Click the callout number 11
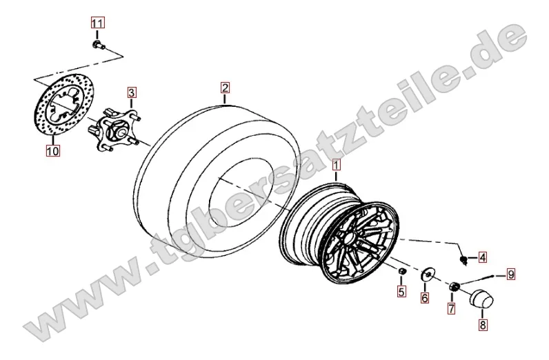(97, 23)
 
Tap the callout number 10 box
(52, 150)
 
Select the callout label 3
(131, 93)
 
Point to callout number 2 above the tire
(225, 88)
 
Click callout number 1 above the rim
(336, 165)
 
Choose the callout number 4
(483, 258)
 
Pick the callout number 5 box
(401, 291)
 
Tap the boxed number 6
(425, 298)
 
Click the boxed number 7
(452, 308)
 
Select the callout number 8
(483, 325)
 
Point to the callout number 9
(511, 274)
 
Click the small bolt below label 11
(98, 44)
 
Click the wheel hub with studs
(113, 130)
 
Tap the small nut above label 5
(401, 271)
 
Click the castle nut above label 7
(455, 286)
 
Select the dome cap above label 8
(480, 299)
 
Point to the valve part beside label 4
(463, 260)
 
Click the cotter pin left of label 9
(477, 279)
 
